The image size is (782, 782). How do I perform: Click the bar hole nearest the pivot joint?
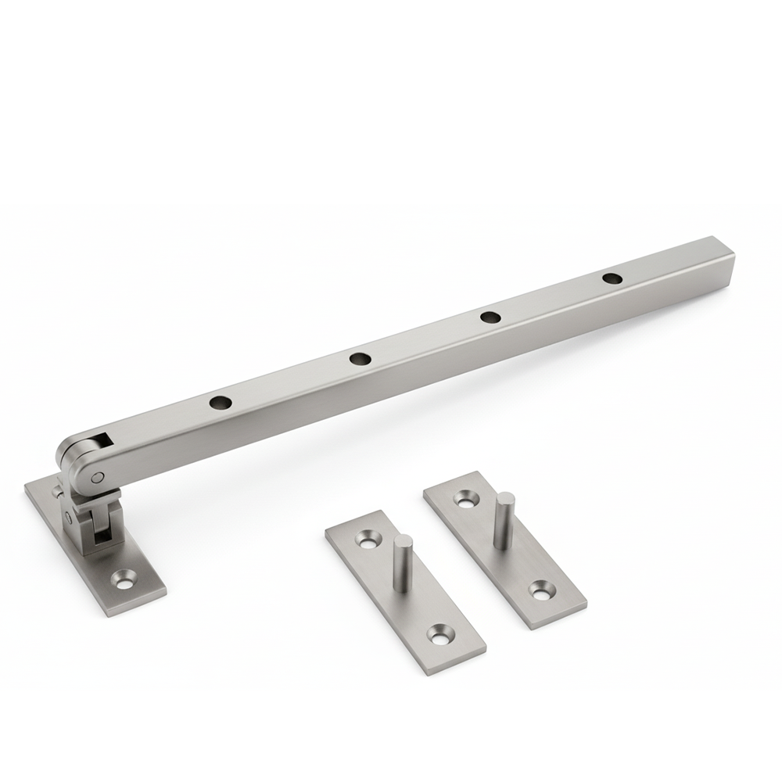(221, 404)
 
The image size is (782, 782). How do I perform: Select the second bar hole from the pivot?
(359, 359)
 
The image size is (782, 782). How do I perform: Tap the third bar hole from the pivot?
(490, 317)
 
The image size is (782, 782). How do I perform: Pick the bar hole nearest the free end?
(612, 278)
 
